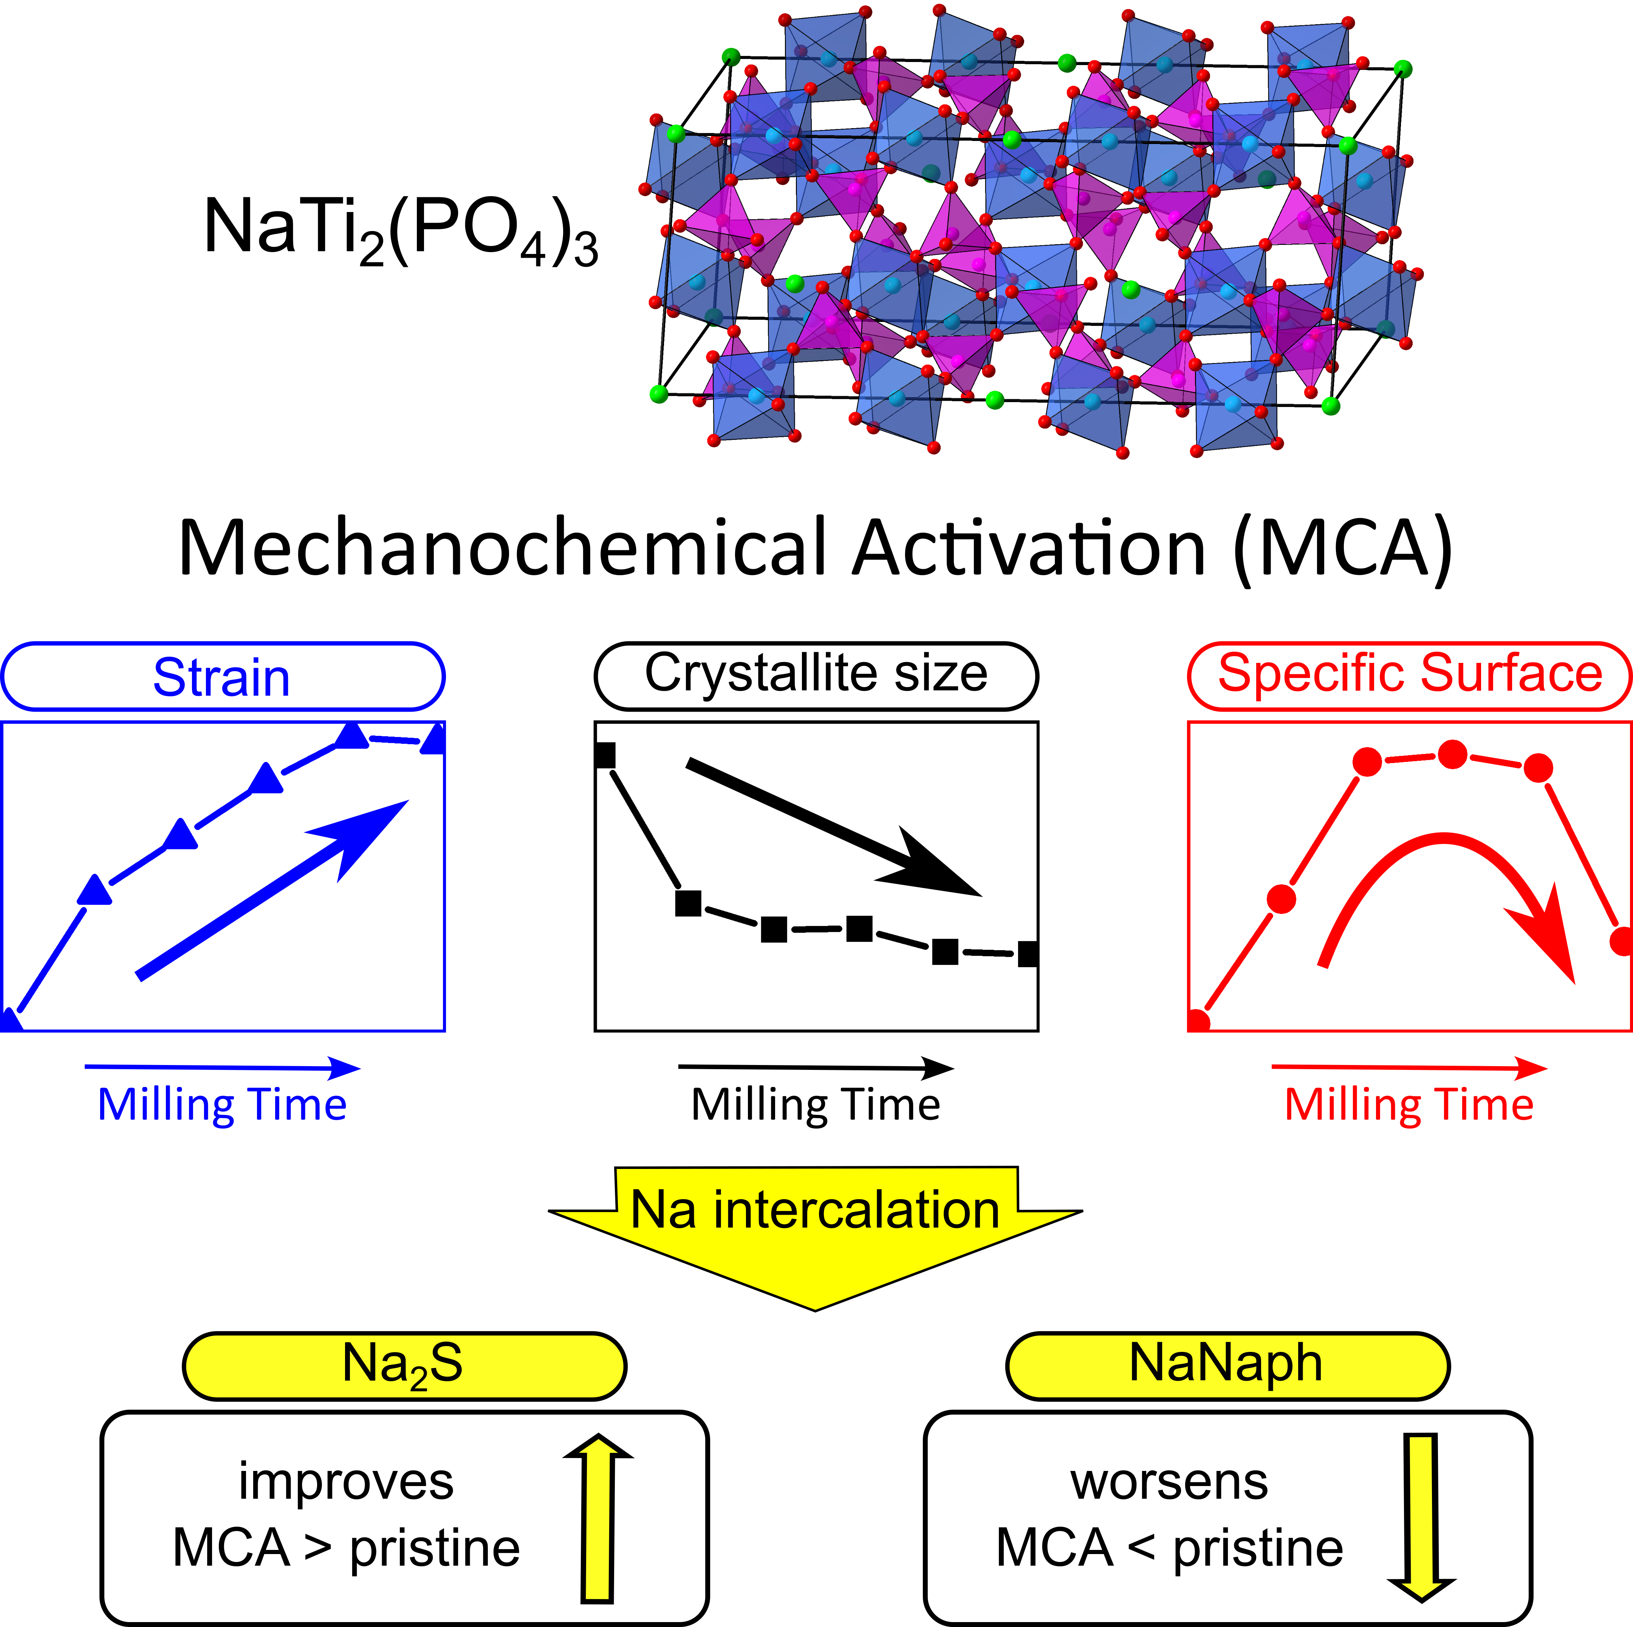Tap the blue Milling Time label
pos(222,1105)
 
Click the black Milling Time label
pos(816,1105)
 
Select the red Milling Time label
pos(1409,1105)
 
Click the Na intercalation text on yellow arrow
pos(816,1210)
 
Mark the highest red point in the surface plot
pos(1452,754)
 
